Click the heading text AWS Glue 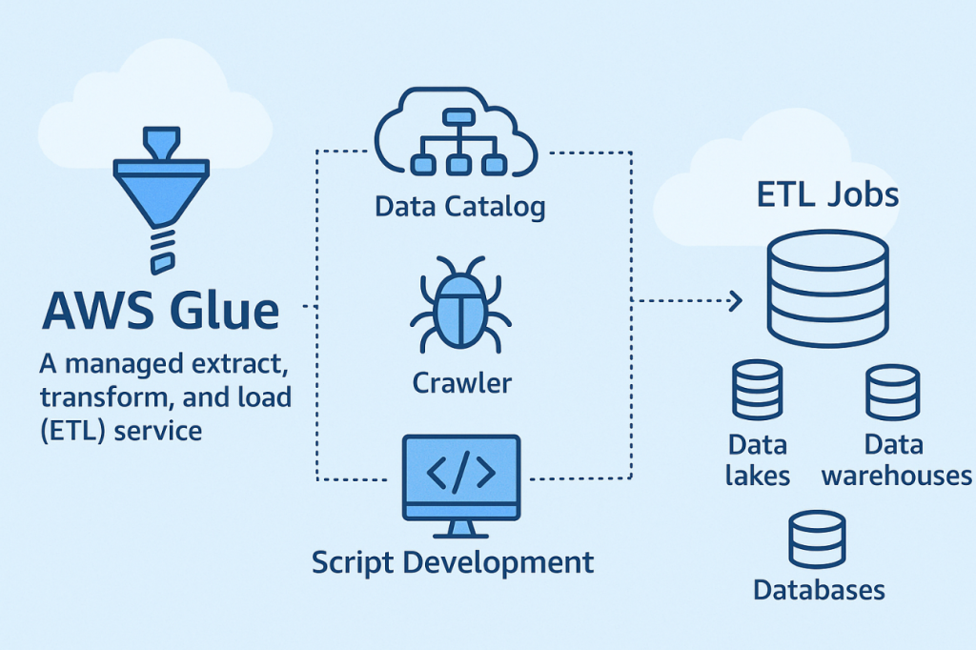[162, 312]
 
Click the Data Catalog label [460, 206]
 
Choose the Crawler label [462, 383]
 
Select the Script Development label [453, 561]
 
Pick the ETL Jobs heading [827, 195]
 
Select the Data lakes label [758, 459]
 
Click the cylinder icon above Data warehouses [893, 392]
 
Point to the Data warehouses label [895, 459]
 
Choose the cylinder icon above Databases [817, 539]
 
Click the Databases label [819, 590]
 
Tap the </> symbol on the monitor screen [461, 474]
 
